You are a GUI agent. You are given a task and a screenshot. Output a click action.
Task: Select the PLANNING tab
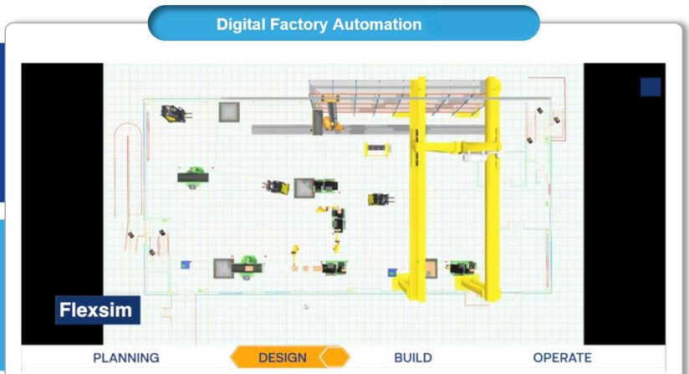(x=125, y=357)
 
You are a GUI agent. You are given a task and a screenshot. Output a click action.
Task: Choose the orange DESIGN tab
(x=283, y=357)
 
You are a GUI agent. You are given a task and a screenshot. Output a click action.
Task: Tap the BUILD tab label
(x=412, y=357)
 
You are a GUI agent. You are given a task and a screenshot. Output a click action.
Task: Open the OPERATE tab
(x=562, y=357)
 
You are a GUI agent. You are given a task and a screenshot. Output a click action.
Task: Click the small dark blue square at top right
(x=650, y=87)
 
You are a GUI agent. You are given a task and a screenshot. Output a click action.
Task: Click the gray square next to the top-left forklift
(x=229, y=111)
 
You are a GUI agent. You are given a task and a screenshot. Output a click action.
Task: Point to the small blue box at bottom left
(x=186, y=264)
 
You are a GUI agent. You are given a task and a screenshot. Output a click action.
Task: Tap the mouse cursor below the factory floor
(x=305, y=306)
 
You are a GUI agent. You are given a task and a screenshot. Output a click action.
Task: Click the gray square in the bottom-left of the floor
(x=223, y=268)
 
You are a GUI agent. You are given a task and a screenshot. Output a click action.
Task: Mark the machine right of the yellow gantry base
(x=458, y=269)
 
